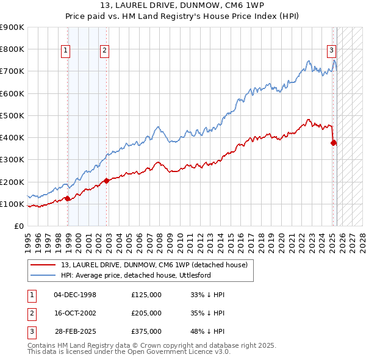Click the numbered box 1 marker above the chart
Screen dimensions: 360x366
[x=65, y=51]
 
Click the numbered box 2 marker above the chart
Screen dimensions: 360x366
[x=105, y=51]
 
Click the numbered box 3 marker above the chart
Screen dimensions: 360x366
[x=331, y=51]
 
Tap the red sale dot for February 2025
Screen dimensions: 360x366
[x=334, y=143]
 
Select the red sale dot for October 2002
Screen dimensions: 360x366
[x=106, y=180]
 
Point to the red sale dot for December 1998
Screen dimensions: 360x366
[x=67, y=198]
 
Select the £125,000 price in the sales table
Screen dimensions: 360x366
[x=146, y=295]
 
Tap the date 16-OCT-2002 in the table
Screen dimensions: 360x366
[x=75, y=313]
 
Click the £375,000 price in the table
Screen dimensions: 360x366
[x=146, y=331]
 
